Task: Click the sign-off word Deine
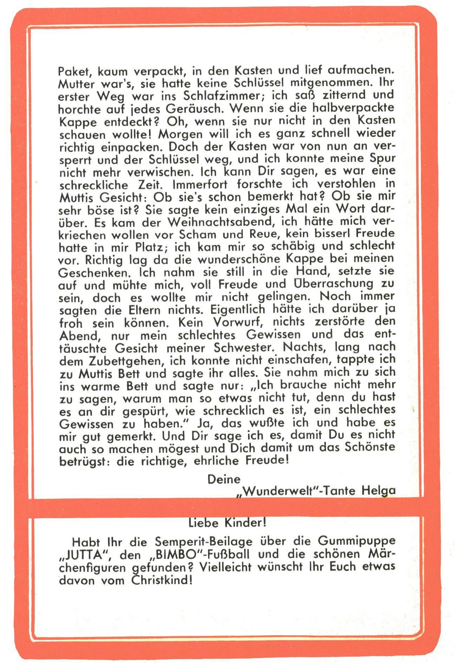(x=224, y=479)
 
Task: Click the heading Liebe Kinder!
(x=227, y=523)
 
